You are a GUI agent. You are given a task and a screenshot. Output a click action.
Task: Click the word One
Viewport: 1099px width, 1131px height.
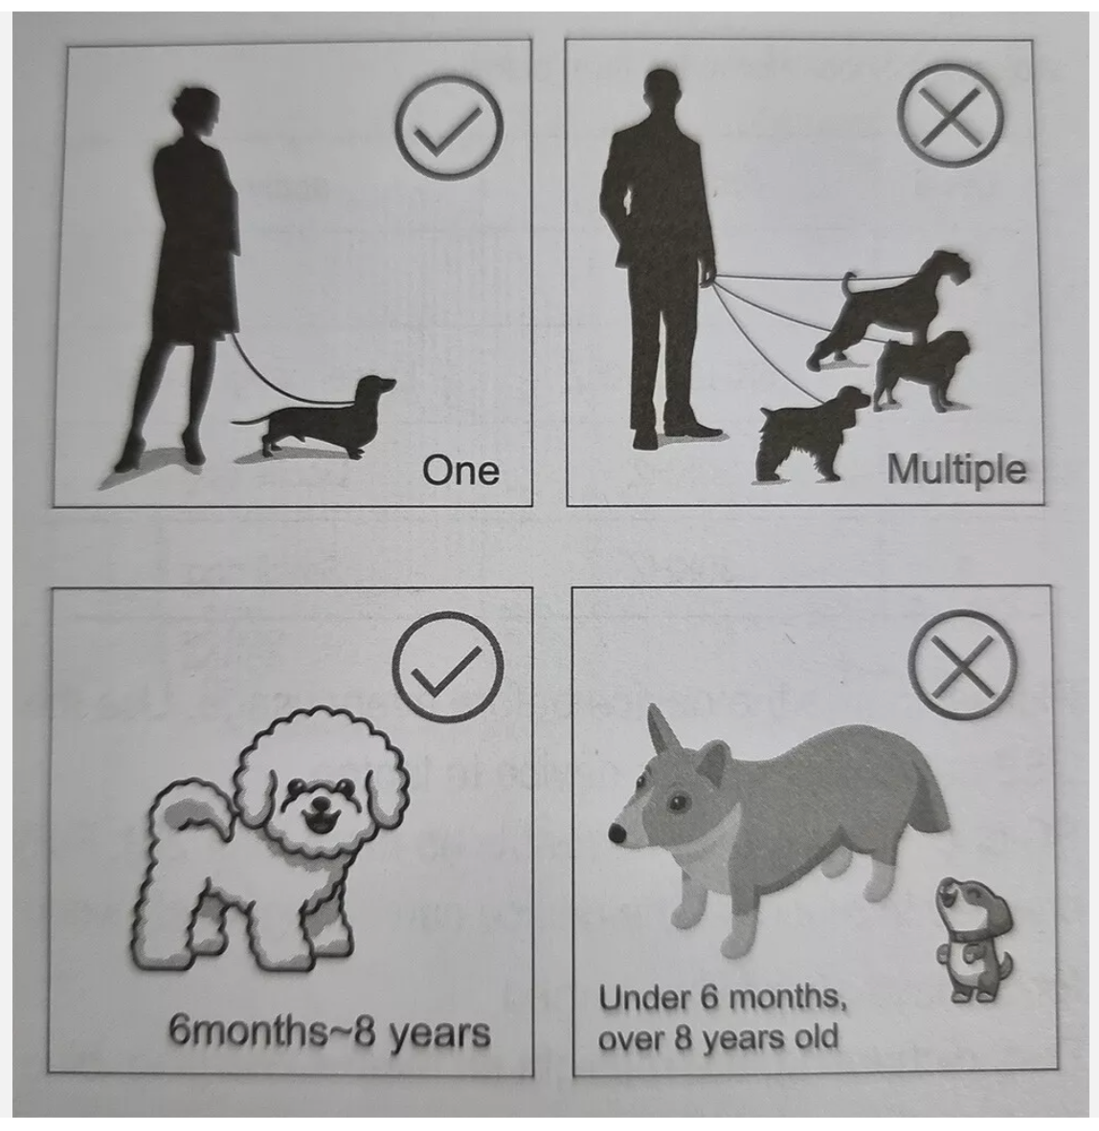coord(460,470)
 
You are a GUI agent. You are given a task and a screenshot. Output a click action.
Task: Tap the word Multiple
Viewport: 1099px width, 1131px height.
coord(956,470)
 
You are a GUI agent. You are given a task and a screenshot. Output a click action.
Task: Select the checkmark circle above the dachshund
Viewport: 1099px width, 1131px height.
coord(448,127)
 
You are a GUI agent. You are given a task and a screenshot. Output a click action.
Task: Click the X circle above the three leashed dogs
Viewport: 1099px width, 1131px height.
coord(950,117)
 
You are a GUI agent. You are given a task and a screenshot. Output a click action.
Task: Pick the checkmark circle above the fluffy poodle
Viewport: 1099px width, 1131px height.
coord(447,667)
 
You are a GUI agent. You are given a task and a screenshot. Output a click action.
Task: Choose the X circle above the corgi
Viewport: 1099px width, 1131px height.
coord(962,664)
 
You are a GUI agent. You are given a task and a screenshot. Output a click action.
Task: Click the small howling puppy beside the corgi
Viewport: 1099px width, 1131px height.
coord(974,939)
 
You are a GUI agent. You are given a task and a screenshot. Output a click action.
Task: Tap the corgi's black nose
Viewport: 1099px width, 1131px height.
coord(617,833)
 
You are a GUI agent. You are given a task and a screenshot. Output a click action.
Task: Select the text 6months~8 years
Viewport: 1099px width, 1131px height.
coord(329,1032)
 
